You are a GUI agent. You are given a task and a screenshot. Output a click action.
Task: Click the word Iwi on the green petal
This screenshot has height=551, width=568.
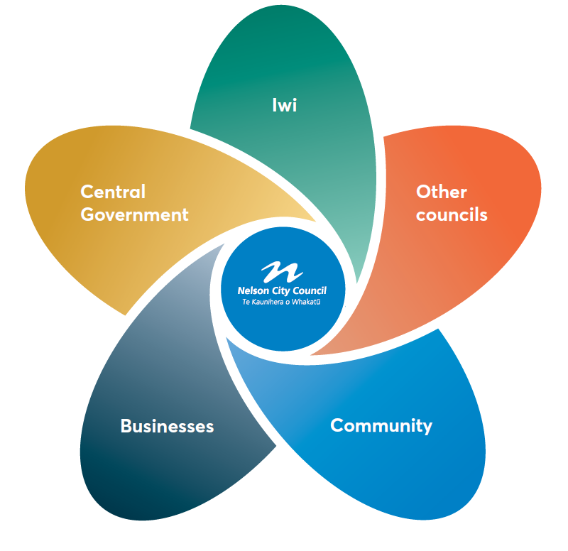(285, 105)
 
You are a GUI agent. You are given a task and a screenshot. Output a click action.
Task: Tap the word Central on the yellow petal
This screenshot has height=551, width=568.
(113, 192)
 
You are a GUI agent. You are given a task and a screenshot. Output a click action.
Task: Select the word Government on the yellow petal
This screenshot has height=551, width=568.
(134, 214)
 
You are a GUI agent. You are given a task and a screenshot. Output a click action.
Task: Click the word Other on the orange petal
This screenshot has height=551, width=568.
(441, 192)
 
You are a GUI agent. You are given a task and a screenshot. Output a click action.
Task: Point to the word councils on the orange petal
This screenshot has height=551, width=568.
(452, 214)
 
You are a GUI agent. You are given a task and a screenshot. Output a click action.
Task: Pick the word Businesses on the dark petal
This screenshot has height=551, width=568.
(167, 426)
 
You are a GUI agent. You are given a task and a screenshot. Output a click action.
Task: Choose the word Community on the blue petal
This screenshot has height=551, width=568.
(381, 426)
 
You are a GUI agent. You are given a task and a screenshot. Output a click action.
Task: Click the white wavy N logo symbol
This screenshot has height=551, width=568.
(282, 272)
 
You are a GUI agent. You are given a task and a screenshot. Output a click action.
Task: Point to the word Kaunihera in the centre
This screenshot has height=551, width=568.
(268, 302)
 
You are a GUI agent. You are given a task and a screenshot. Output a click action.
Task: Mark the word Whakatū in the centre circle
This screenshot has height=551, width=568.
(306, 302)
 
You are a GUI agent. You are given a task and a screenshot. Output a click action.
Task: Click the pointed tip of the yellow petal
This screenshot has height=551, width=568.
(316, 221)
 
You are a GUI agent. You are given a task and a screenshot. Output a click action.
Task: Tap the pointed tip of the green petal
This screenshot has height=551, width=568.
(357, 283)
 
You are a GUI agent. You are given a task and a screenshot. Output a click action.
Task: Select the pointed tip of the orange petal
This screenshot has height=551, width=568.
(311, 354)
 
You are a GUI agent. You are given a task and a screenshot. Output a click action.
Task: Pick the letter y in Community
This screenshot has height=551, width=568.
(427, 428)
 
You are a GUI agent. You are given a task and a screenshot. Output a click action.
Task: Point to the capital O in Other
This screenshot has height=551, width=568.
(423, 192)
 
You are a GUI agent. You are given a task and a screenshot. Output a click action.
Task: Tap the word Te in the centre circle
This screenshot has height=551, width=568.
(246, 302)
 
